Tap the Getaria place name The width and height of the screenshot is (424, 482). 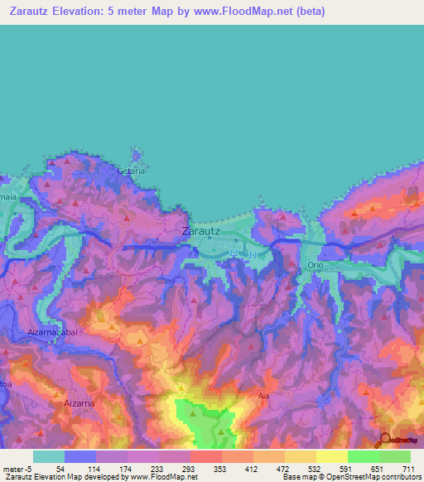click(x=132, y=171)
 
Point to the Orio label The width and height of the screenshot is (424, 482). click(x=315, y=265)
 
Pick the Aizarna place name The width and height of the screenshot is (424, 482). click(x=79, y=402)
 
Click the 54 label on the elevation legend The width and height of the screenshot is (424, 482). click(x=60, y=468)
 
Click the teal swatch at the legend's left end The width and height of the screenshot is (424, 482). click(x=48, y=456)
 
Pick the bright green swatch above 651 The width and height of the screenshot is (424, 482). click(x=363, y=456)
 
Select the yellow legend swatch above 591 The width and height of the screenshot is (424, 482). click(x=331, y=456)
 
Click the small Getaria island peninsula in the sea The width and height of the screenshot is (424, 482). click(x=136, y=157)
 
